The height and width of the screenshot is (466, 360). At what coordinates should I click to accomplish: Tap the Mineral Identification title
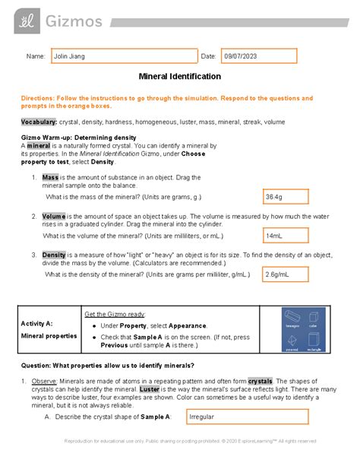(179, 77)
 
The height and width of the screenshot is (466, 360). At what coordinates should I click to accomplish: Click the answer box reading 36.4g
(285, 197)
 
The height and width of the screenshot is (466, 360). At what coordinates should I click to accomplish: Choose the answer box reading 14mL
(285, 236)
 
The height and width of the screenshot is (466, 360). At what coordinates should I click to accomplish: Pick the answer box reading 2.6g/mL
(285, 274)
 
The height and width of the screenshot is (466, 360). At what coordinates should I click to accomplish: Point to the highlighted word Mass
(51, 177)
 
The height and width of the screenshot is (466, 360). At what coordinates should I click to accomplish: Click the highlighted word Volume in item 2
(55, 216)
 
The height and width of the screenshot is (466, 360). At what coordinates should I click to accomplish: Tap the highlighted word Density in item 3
(55, 255)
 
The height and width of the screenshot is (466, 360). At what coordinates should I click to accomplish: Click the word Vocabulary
(39, 122)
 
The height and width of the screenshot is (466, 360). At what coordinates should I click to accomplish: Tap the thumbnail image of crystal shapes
(303, 331)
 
